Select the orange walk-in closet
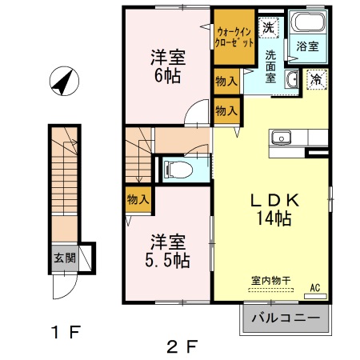[x=234, y=36]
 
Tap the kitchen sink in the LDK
[x=282, y=138]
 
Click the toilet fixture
[x=177, y=168]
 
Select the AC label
[x=314, y=286]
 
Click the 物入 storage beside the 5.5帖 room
[x=138, y=200]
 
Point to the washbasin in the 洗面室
[x=292, y=79]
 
